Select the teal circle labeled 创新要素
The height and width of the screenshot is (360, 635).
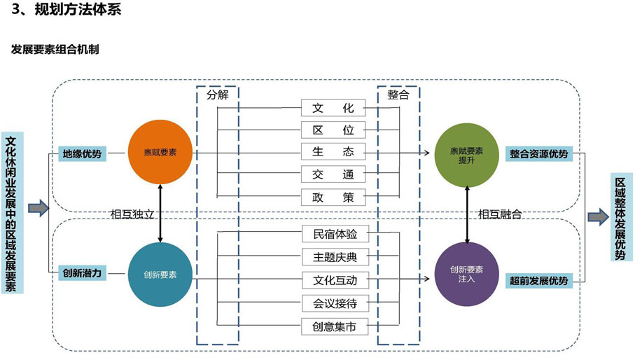[x=160, y=274]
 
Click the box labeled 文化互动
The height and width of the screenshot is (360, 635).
[x=334, y=281]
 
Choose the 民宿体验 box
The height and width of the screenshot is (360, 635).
[x=334, y=235]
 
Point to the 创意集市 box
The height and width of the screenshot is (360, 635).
[x=334, y=326]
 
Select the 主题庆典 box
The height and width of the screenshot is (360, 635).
[x=334, y=258]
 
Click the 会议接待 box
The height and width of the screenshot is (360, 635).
[x=334, y=303]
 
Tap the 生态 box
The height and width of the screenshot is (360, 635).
[x=334, y=152]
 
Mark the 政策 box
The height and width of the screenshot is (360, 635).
[x=334, y=197]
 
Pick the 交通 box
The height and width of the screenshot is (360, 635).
[x=334, y=174]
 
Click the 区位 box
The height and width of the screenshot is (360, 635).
[x=334, y=130]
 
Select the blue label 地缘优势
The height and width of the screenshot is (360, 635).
[x=82, y=154]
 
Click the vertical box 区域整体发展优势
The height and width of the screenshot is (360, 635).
[x=620, y=217]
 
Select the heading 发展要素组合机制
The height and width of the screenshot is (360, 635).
[x=55, y=50]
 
